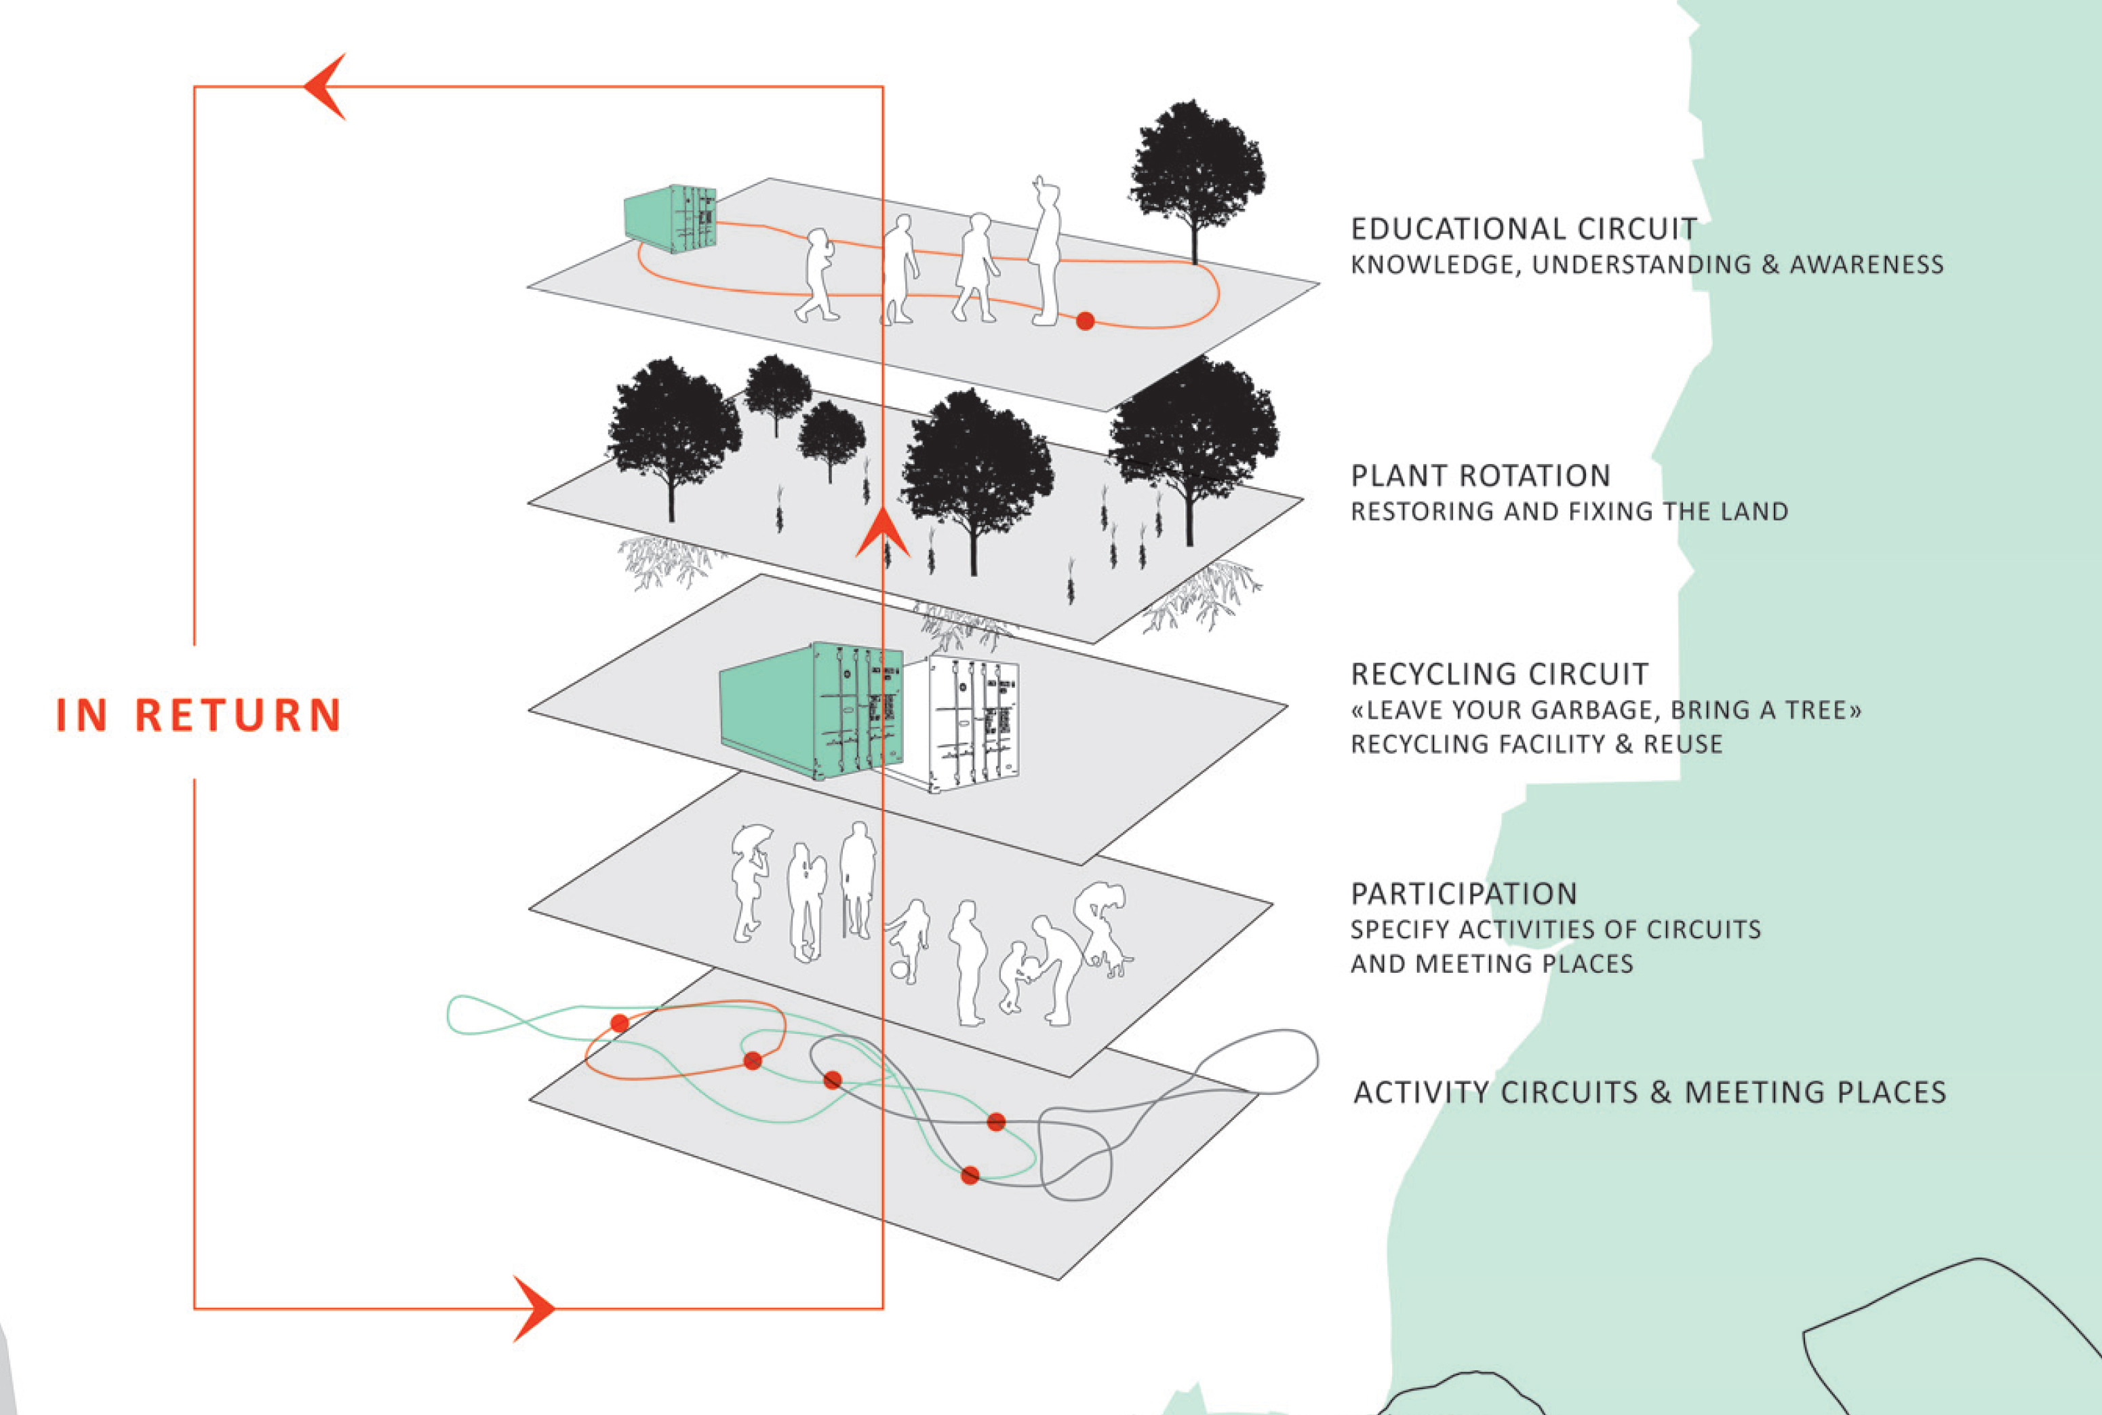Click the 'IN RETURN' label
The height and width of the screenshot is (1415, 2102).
tap(199, 715)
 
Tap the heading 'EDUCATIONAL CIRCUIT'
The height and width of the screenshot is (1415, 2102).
tap(1524, 229)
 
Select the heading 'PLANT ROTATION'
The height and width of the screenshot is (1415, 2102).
tap(1480, 476)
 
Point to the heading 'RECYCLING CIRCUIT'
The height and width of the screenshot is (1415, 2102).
tap(1499, 674)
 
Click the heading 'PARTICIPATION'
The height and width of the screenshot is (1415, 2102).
tap(1464, 893)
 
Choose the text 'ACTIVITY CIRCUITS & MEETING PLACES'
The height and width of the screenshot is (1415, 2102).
tap(1650, 1092)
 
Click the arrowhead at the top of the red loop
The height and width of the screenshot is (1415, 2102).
tap(325, 87)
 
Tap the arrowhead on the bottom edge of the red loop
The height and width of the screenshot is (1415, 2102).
tap(534, 1308)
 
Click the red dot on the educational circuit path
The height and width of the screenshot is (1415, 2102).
tap(1086, 320)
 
